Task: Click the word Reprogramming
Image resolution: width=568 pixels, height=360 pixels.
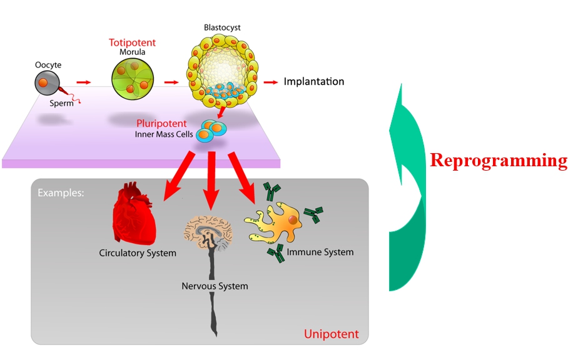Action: (499, 161)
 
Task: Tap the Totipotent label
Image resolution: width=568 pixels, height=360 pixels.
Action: (132, 42)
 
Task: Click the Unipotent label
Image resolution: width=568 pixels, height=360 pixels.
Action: (331, 334)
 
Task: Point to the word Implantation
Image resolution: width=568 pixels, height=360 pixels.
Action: (314, 82)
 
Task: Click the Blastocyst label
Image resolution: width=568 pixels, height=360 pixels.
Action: (222, 27)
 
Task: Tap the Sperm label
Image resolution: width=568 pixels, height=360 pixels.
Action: (61, 103)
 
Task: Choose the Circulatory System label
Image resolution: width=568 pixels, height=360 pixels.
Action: (138, 253)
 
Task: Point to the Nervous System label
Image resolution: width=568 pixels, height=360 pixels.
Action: (215, 286)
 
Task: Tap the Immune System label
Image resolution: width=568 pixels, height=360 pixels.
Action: (320, 252)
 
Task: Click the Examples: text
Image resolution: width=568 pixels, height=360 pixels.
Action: (61, 192)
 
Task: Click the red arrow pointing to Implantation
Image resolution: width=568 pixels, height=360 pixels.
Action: (270, 82)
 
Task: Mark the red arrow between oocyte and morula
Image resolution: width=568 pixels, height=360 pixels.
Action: (83, 82)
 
